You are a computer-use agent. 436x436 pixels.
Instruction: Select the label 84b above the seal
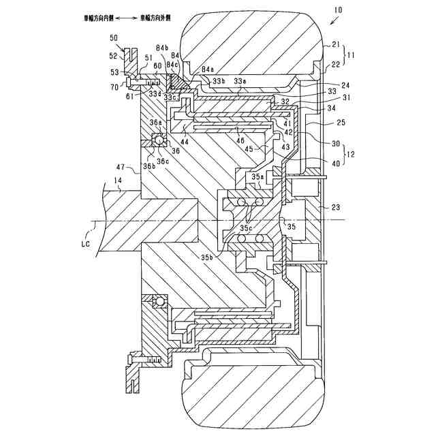(x=162, y=46)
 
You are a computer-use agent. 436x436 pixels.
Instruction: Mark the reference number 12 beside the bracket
(x=352, y=155)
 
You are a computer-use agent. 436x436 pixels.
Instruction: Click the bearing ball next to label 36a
(x=159, y=140)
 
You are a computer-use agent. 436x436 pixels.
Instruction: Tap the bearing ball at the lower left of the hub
(x=159, y=300)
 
